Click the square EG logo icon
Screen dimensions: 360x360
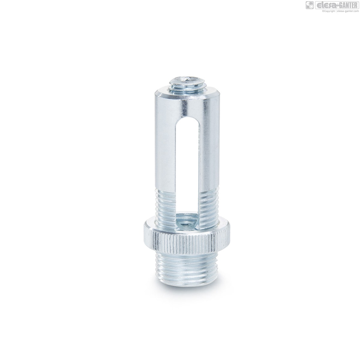click(310, 5)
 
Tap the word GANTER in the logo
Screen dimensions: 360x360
click(348, 5)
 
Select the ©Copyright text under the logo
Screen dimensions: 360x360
click(328, 11)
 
